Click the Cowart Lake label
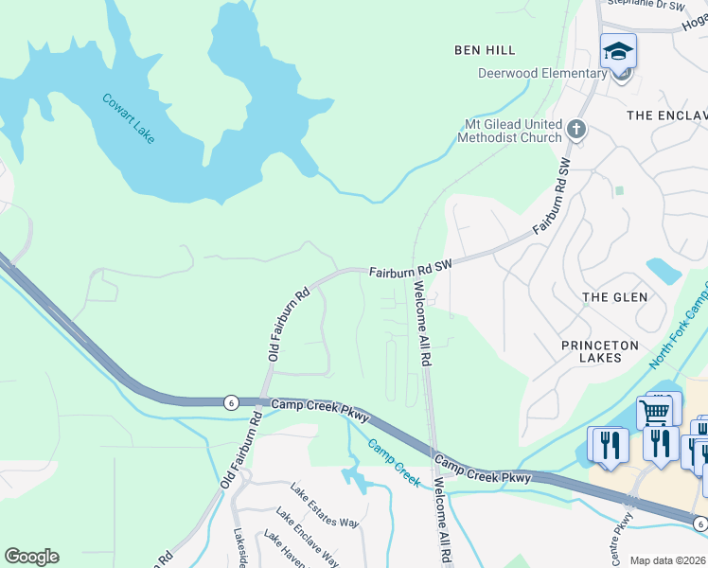point(128,118)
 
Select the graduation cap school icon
point(618,51)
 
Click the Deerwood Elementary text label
point(542,74)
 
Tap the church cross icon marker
point(576,128)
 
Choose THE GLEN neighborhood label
point(615,297)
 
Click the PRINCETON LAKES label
point(600,351)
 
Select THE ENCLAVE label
point(667,115)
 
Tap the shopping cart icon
point(654,413)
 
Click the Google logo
point(31,557)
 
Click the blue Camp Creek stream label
point(394,463)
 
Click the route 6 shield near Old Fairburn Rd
point(231,401)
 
